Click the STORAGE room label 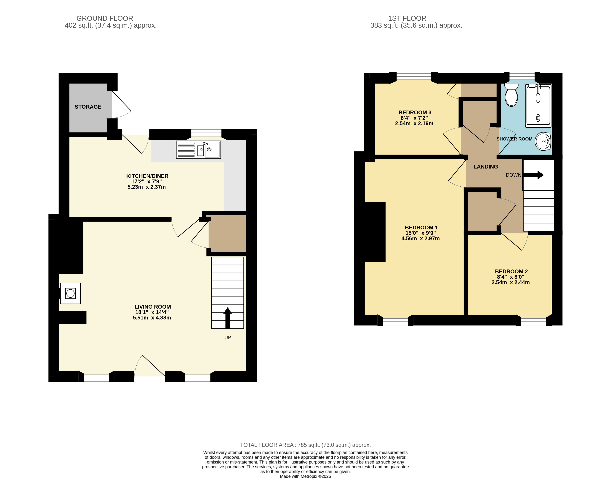tap(88, 107)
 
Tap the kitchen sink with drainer tap(198, 150)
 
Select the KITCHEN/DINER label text tap(147, 176)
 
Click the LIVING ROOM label tap(152, 307)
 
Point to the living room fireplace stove tap(70, 293)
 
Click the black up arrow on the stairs tap(228, 318)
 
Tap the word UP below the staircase tap(228, 338)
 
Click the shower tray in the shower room tap(538, 105)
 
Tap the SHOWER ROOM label tap(514, 139)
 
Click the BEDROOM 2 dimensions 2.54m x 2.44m tap(510, 282)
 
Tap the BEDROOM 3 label tap(415, 112)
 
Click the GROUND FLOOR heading tap(105, 18)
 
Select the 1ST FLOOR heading tap(407, 18)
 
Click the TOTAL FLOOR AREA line tap(305, 445)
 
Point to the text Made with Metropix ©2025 tap(305, 476)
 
